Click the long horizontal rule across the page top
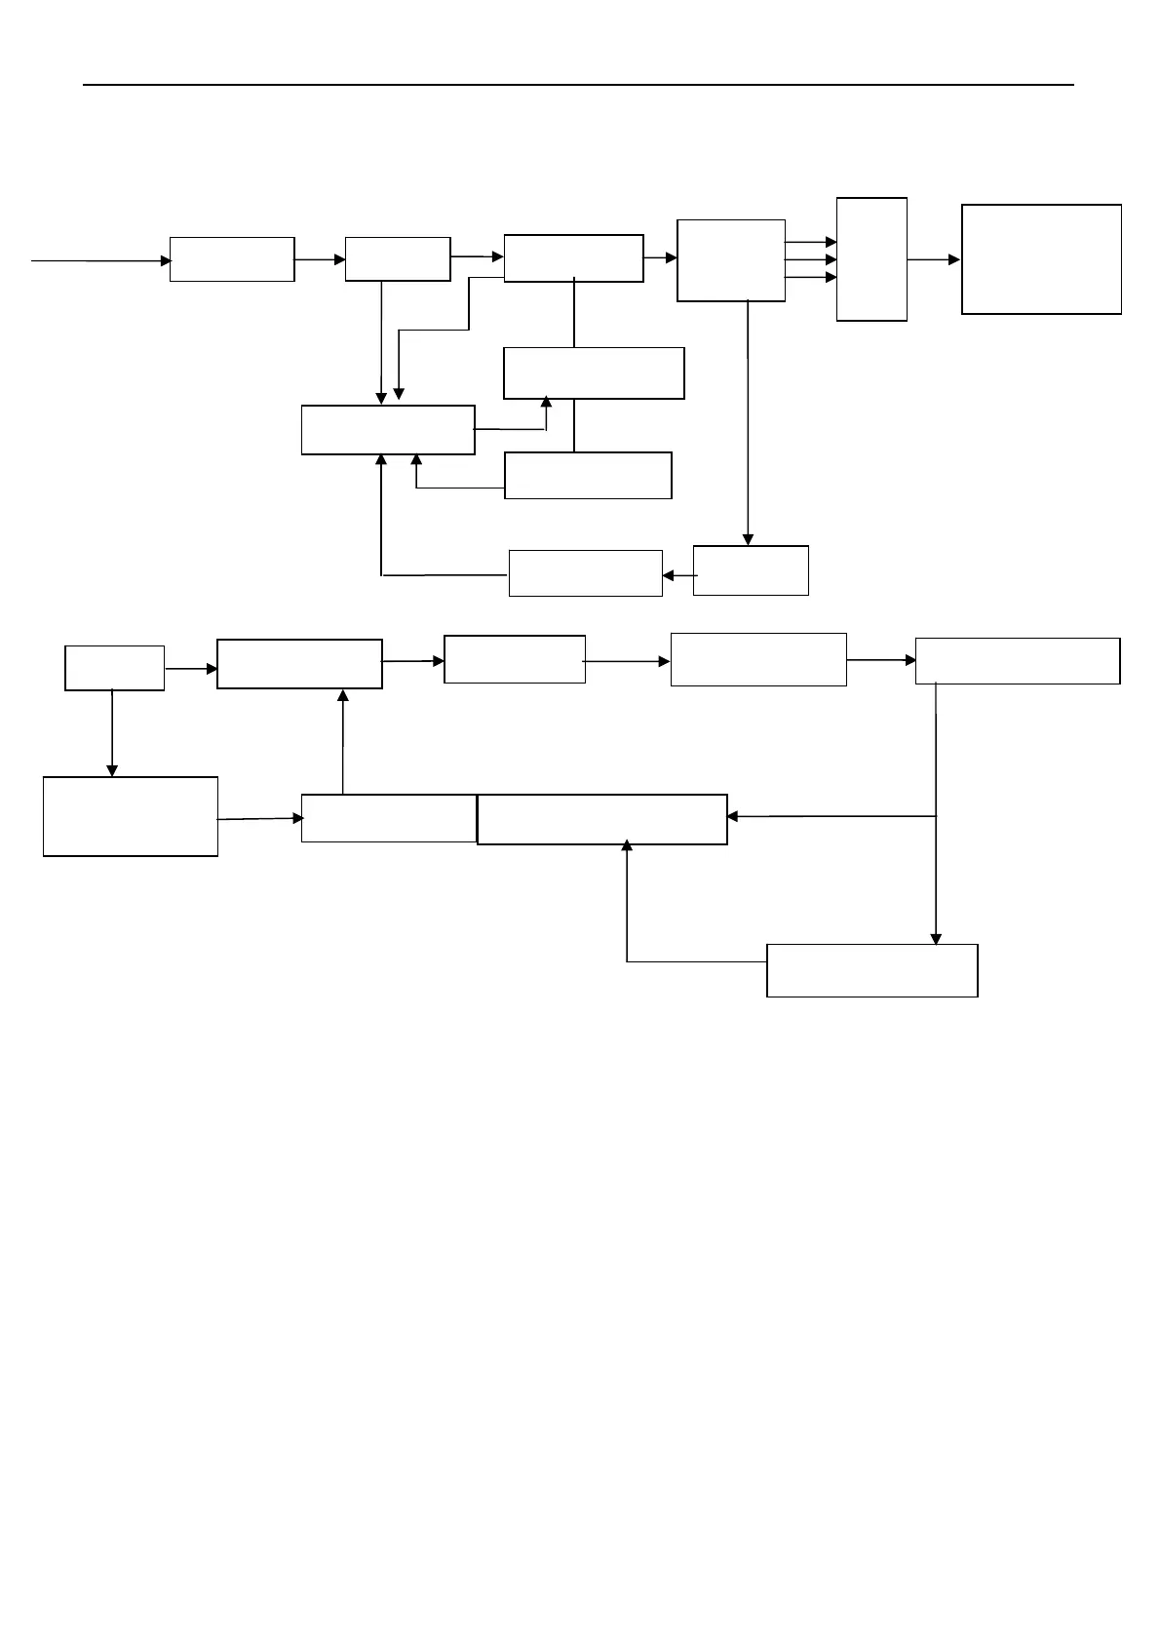[x=578, y=86]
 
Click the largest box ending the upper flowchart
[x=1041, y=259]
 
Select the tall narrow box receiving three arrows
[x=871, y=259]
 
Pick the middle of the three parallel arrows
[x=811, y=259]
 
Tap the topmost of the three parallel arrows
[x=811, y=242]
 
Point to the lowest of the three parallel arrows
[x=811, y=277]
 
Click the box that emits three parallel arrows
[x=730, y=260]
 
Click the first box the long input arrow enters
[x=232, y=259]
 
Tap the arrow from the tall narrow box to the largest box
[x=934, y=259]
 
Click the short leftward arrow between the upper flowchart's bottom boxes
[x=678, y=575]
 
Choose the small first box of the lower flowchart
[x=114, y=668]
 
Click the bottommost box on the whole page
[x=871, y=970]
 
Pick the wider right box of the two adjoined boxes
[x=601, y=819]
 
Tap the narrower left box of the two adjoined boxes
[x=389, y=818]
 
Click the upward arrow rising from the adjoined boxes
[x=343, y=742]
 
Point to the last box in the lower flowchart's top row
[x=1017, y=661]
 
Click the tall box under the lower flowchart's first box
[x=131, y=816]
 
